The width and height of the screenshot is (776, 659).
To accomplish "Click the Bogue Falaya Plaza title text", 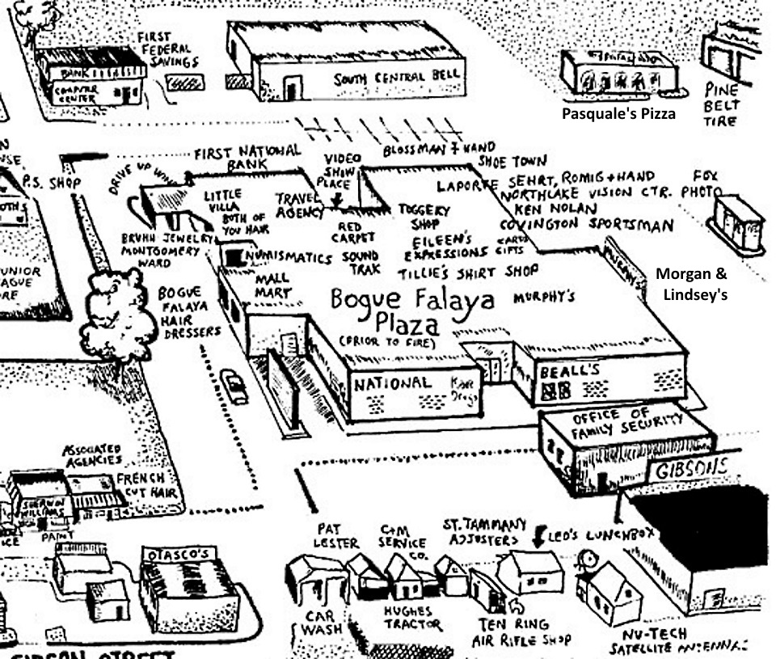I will click(x=412, y=311).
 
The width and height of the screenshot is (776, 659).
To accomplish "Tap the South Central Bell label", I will click(x=396, y=77).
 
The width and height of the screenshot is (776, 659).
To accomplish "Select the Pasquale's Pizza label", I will click(x=618, y=114).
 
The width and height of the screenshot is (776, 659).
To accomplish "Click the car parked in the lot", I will click(x=234, y=387).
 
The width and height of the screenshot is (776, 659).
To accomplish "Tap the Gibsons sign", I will click(x=686, y=468).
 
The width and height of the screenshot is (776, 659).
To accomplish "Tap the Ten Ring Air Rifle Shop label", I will click(x=522, y=632).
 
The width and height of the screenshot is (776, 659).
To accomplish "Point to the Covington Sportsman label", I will click(x=586, y=226).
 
